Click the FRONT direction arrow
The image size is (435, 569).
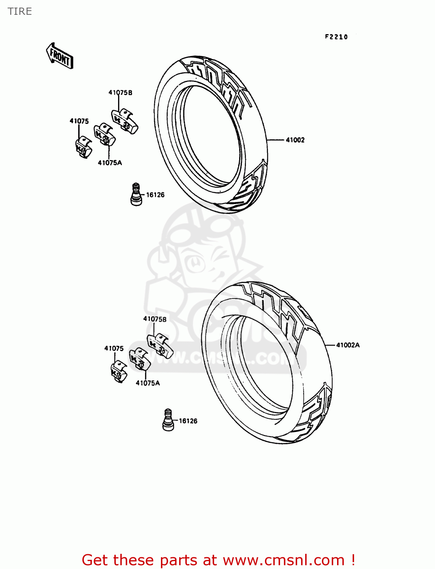click(x=59, y=56)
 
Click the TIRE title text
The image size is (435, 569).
click(x=20, y=11)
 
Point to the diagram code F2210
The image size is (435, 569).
click(x=336, y=37)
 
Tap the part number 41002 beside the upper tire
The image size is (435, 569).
click(x=295, y=140)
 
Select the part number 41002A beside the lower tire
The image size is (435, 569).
click(x=348, y=345)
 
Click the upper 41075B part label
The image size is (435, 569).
click(x=120, y=93)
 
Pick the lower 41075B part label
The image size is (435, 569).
click(x=155, y=319)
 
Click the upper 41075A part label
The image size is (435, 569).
click(x=110, y=163)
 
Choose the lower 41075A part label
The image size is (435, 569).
click(x=148, y=383)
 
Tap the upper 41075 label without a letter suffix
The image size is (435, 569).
click(x=79, y=121)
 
